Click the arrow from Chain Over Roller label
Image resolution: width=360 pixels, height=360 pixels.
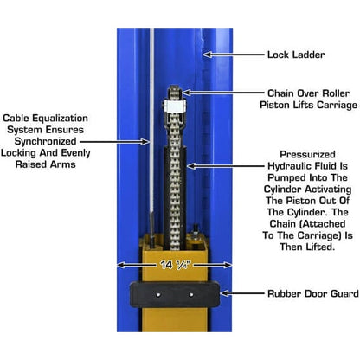pos(217,93)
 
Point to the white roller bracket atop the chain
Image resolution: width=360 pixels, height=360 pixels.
pos(174,107)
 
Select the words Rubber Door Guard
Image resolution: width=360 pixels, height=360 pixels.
pos(299,293)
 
